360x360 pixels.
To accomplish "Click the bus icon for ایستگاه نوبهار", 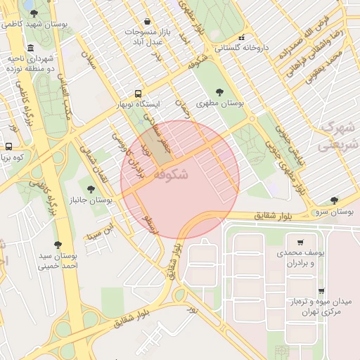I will click(138, 93).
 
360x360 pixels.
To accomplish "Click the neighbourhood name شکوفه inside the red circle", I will click(169, 173).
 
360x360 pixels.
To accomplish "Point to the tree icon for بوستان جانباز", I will click(91, 188).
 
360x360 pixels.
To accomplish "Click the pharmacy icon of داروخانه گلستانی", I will click(242, 37).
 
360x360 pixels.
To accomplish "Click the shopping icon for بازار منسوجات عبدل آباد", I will click(146, 21).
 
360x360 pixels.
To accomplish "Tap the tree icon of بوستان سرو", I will click(334, 200).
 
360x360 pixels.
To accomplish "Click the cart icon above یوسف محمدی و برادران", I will click(301, 241).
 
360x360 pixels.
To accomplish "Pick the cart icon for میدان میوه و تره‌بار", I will click(321, 290).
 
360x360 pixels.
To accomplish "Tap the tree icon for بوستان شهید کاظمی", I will click(34, 13).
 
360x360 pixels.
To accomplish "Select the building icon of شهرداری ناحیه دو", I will click(29, 48).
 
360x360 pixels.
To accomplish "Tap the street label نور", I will click(193, 307).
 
